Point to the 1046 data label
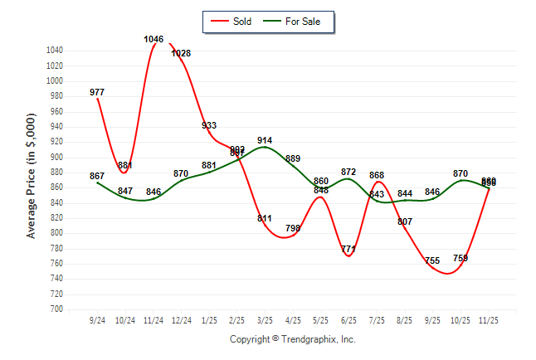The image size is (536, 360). pos(153,39)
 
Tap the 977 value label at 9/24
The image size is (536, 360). pos(98,92)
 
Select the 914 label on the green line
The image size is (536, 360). pos(265,140)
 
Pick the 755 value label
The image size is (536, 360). pos(432,260)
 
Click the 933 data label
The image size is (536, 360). pos(209,125)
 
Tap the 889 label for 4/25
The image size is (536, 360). pos(293,158)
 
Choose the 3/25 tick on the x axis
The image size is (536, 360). pos(265,319)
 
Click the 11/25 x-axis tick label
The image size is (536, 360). pos(489,319)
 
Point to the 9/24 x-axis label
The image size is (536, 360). pos(97,319)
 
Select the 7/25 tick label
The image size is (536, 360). pos(377,319)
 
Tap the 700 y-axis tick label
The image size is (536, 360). pos(56,309)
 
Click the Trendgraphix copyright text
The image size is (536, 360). pos(292,339)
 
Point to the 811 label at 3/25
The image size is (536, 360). pos(265,219)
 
